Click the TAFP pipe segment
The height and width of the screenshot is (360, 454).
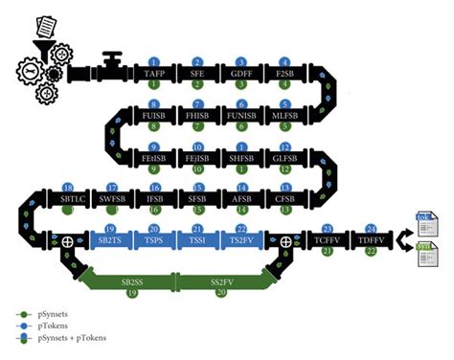pos(153,73)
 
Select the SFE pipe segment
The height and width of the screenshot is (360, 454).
pos(198,73)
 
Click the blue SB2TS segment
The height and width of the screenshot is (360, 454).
pos(111,239)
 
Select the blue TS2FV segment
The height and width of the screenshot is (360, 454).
pos(241,239)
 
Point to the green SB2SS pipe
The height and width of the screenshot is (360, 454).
pos(130,282)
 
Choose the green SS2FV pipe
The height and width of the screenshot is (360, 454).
pos(218,282)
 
